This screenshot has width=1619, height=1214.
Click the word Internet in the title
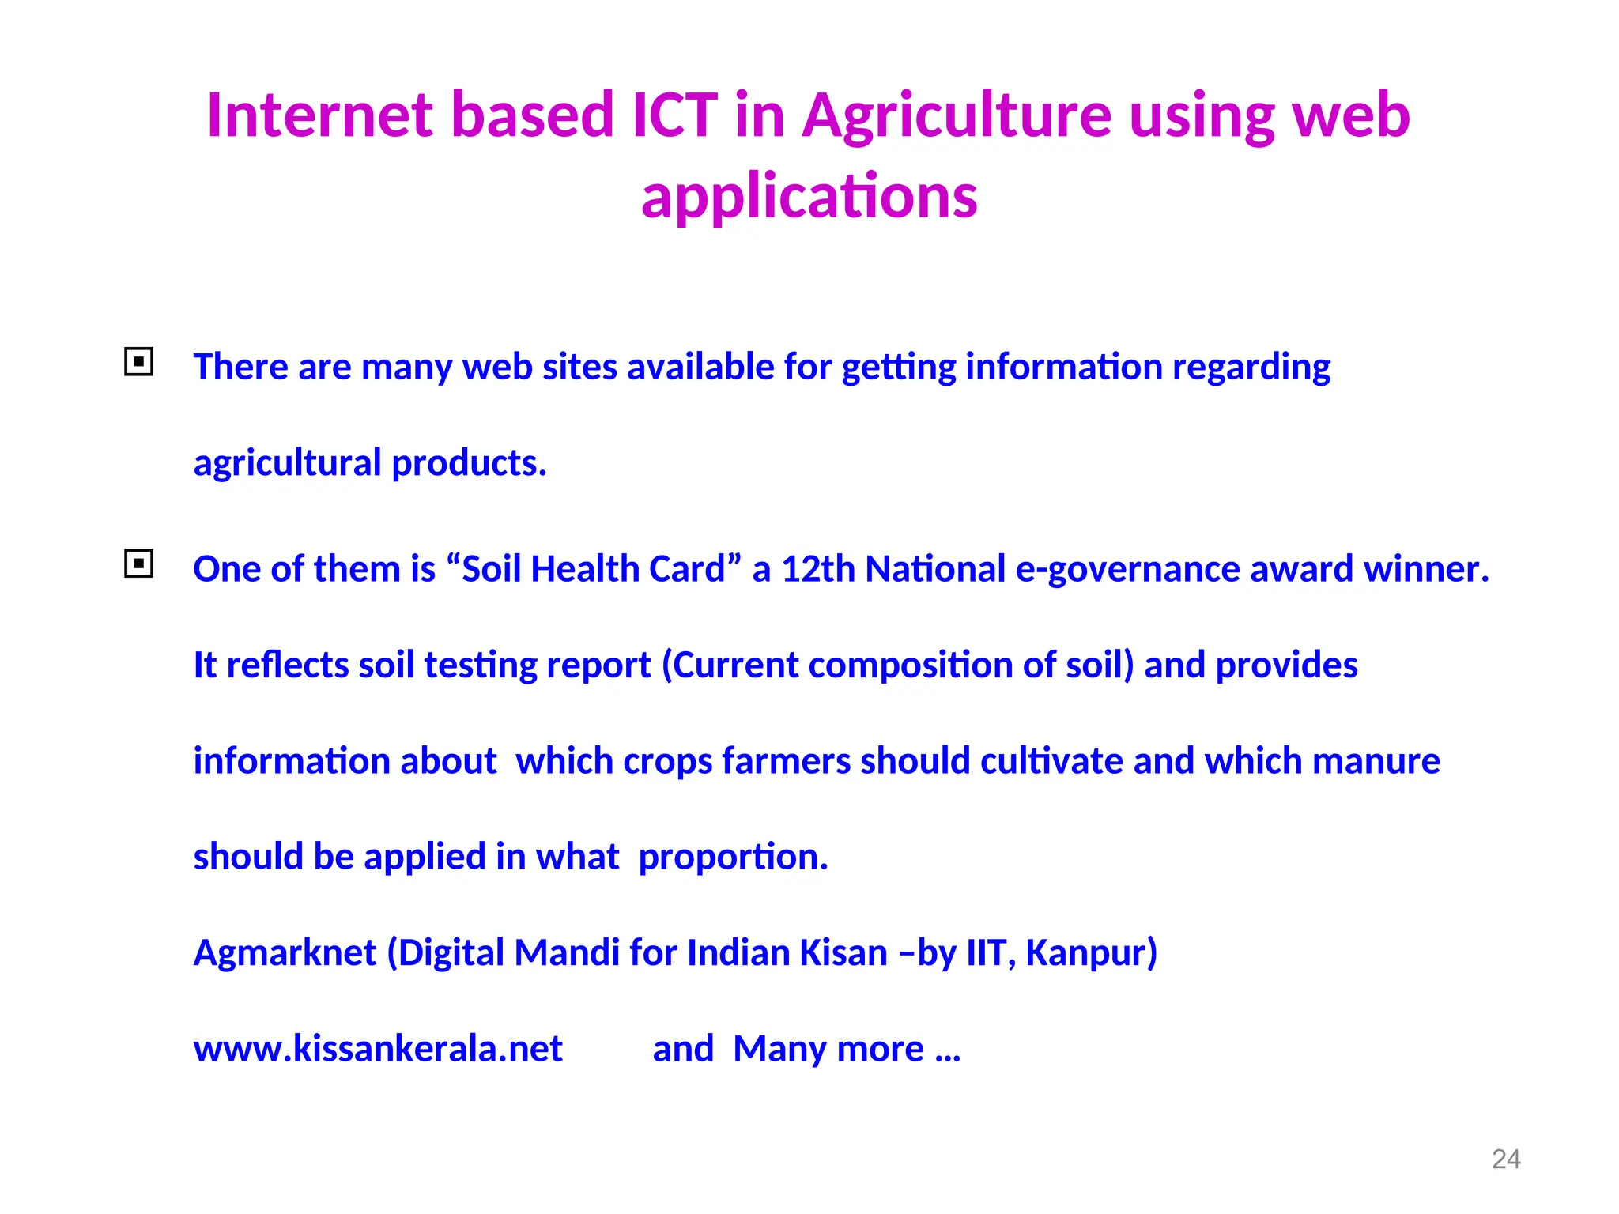(319, 115)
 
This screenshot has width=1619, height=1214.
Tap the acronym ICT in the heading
(674, 115)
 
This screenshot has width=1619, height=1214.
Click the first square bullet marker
(139, 362)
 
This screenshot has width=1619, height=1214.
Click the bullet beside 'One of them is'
(139, 564)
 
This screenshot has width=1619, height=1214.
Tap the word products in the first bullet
(468, 463)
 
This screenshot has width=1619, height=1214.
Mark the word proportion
(732, 858)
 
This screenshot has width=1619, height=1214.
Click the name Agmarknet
(285, 953)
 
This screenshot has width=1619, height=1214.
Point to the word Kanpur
(1090, 953)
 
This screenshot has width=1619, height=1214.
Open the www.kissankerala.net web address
(378, 1049)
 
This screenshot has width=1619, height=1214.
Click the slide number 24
(1505, 1159)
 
